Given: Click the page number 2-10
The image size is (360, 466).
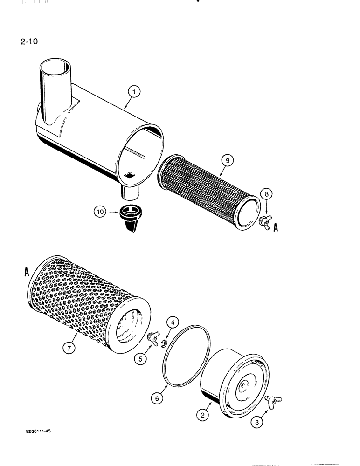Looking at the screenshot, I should tap(28, 41).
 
